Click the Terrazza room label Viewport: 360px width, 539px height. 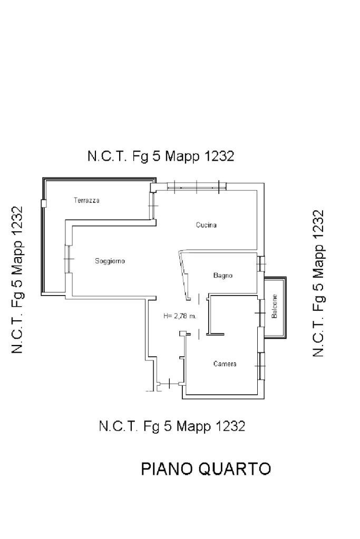point(86,200)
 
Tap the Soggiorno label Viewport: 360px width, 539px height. point(110,261)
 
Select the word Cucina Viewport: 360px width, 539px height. point(206,225)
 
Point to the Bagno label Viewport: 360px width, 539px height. point(222,276)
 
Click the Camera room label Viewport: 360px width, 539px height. point(225,364)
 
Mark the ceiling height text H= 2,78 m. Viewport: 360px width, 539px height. point(180,316)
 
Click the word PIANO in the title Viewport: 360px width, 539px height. point(166,468)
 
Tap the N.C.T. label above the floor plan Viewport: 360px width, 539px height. point(106,156)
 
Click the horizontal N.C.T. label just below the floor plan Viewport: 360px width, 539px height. point(118,426)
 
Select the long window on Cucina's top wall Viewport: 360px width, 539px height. point(196,185)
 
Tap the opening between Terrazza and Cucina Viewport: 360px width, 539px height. point(152,204)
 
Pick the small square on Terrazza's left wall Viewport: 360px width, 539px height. point(43,203)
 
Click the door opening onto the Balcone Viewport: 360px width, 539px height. point(260,313)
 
